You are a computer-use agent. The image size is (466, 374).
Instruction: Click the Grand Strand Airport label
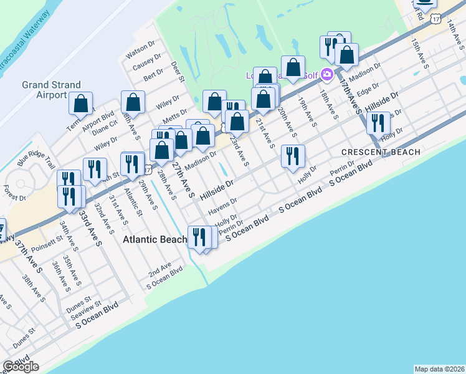pos(51,90)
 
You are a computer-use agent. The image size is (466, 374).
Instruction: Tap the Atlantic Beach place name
pos(155,239)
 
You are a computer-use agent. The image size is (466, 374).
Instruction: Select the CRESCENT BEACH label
pos(381,152)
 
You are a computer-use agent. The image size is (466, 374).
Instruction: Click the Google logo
pos(21,367)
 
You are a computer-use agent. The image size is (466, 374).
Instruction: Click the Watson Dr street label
pos(140,47)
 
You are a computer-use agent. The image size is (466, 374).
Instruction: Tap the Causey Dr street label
pos(147,62)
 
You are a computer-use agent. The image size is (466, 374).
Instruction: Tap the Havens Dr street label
pos(224,204)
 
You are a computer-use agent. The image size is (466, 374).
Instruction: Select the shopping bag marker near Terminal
pos(81,103)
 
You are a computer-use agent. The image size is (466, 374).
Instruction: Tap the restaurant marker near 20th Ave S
pos(292,156)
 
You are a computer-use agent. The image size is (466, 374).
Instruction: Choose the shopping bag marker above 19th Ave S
pos(293,67)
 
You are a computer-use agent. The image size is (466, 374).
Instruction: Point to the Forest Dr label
pos(14,198)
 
